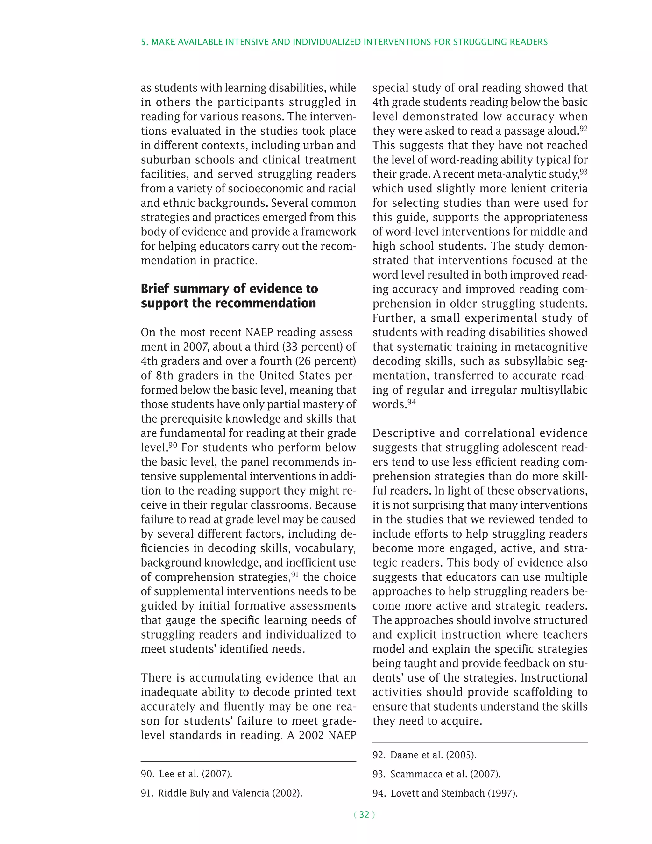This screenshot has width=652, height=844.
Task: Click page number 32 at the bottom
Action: click(364, 815)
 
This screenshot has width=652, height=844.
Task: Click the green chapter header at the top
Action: click(344, 42)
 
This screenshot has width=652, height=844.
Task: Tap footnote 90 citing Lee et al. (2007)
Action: click(186, 774)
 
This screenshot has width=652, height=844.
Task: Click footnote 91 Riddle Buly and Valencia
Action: click(221, 793)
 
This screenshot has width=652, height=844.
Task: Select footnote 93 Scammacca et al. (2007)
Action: click(436, 774)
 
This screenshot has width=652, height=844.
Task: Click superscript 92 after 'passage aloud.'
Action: click(583, 128)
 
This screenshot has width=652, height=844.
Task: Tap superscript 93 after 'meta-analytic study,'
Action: click(583, 172)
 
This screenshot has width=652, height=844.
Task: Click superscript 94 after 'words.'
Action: click(411, 402)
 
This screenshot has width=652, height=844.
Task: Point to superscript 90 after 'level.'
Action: click(173, 445)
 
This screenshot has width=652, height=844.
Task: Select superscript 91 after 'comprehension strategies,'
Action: click(295, 575)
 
